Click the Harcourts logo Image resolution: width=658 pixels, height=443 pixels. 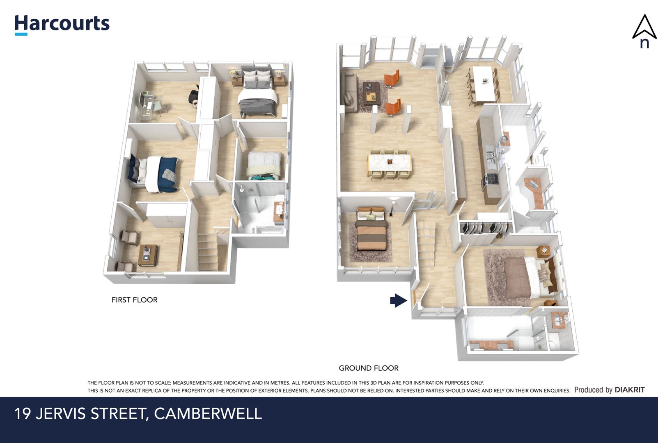click(62, 25)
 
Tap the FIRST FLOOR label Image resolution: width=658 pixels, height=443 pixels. click(135, 300)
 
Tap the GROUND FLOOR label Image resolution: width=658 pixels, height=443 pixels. click(369, 368)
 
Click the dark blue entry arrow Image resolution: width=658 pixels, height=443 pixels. click(399, 300)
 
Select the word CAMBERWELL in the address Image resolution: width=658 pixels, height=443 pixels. click(208, 414)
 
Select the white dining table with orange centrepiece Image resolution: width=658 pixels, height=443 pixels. click(390, 163)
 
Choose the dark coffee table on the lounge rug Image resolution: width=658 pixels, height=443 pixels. click(371, 94)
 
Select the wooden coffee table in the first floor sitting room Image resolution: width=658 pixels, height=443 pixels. click(148, 255)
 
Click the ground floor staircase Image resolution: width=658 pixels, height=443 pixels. click(426, 243)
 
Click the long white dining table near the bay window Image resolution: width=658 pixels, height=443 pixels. click(483, 84)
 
